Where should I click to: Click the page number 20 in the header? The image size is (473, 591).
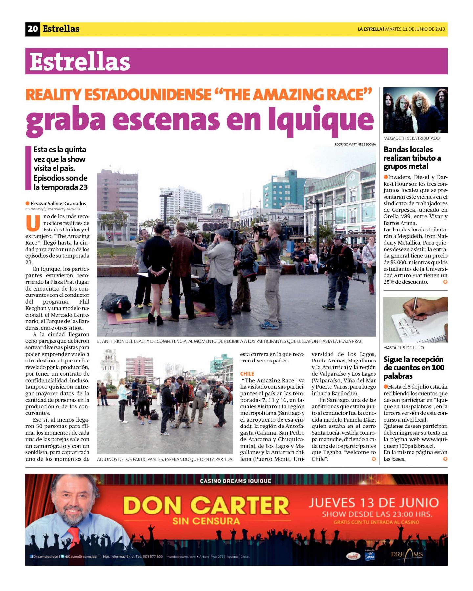pos(33,29)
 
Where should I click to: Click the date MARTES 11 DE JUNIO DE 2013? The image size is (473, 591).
pos(415,29)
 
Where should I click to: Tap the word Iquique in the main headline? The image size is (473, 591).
pos(321,120)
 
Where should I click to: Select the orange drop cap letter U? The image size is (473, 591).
pos(33,223)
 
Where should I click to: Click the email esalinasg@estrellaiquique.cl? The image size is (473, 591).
pos(53,208)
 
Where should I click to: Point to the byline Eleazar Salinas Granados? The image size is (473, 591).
pos(58,203)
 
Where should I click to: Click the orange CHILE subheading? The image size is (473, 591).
pos(247,374)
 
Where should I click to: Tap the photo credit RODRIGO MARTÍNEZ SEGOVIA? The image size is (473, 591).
pos(355,144)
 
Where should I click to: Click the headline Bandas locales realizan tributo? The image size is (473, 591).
pos(412,158)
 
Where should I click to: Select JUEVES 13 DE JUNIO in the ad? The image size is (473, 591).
pos(373,503)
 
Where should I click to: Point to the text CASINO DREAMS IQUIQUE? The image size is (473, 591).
pos(236,481)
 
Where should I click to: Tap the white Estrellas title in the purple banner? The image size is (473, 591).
pos(80,61)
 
